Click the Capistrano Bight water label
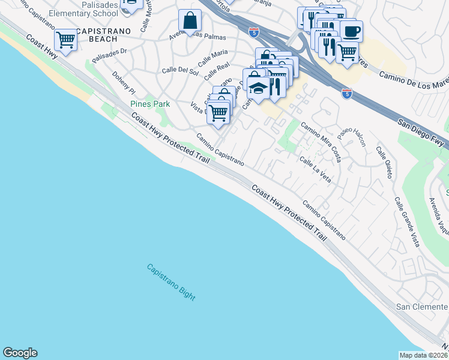(x=171, y=282)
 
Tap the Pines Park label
(x=150, y=104)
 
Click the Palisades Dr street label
(x=109, y=55)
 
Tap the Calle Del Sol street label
(x=180, y=70)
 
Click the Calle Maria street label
(x=213, y=58)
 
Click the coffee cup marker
(x=351, y=31)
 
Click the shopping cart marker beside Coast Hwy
(x=65, y=40)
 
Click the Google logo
(x=20, y=353)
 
